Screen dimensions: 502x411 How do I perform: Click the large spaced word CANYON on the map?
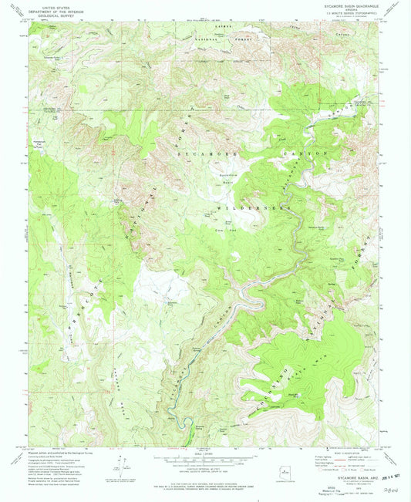308,153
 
